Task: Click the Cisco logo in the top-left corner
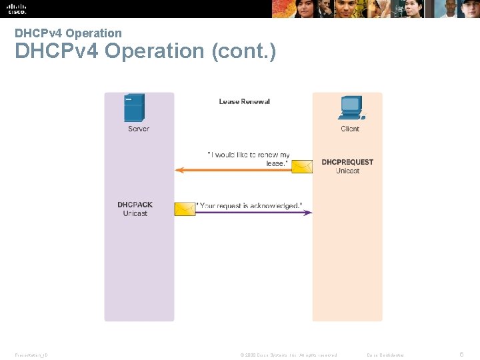click(17, 9)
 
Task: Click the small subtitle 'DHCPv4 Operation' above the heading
click(68, 33)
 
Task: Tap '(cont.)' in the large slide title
click(243, 51)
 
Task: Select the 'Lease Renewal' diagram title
click(245, 101)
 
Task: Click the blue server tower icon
click(134, 108)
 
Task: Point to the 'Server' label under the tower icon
click(139, 129)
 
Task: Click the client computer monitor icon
click(351, 107)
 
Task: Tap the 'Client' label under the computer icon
click(350, 129)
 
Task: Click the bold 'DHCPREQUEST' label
click(347, 162)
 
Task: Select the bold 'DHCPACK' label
click(135, 205)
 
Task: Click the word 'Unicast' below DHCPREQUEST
click(347, 171)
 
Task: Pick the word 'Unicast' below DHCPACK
click(135, 213)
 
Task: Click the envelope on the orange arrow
click(302, 166)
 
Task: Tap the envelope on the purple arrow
click(185, 209)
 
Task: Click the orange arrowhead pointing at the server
click(179, 170)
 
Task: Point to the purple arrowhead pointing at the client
click(309, 213)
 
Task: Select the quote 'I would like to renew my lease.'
click(249, 159)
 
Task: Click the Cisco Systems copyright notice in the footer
click(288, 355)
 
